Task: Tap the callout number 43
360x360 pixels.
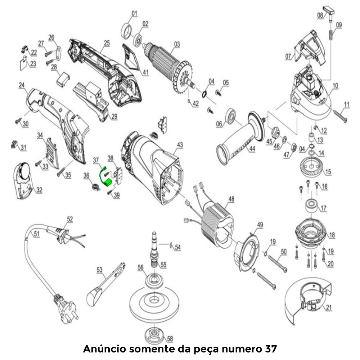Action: [180, 144]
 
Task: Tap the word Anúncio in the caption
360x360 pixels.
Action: [104, 349]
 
